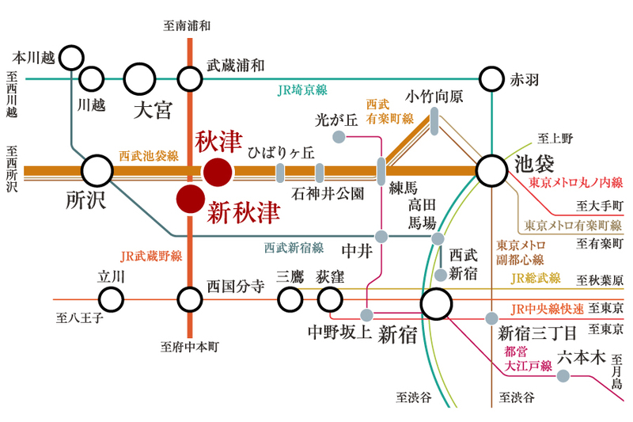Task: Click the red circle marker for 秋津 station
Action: tap(218, 171)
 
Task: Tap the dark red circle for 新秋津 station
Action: tap(190, 200)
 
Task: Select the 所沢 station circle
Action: tap(98, 170)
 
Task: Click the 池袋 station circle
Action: tap(491, 170)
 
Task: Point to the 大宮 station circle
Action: tap(140, 79)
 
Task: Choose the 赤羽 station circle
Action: tap(491, 78)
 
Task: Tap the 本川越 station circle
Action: tap(72, 57)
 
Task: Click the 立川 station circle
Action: tap(111, 299)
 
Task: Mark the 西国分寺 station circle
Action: tap(190, 299)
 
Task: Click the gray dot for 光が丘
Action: tap(338, 137)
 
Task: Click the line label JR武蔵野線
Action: tap(152, 256)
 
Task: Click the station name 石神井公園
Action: tap(328, 193)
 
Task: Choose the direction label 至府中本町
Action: tap(189, 347)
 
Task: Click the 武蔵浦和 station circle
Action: tap(190, 79)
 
